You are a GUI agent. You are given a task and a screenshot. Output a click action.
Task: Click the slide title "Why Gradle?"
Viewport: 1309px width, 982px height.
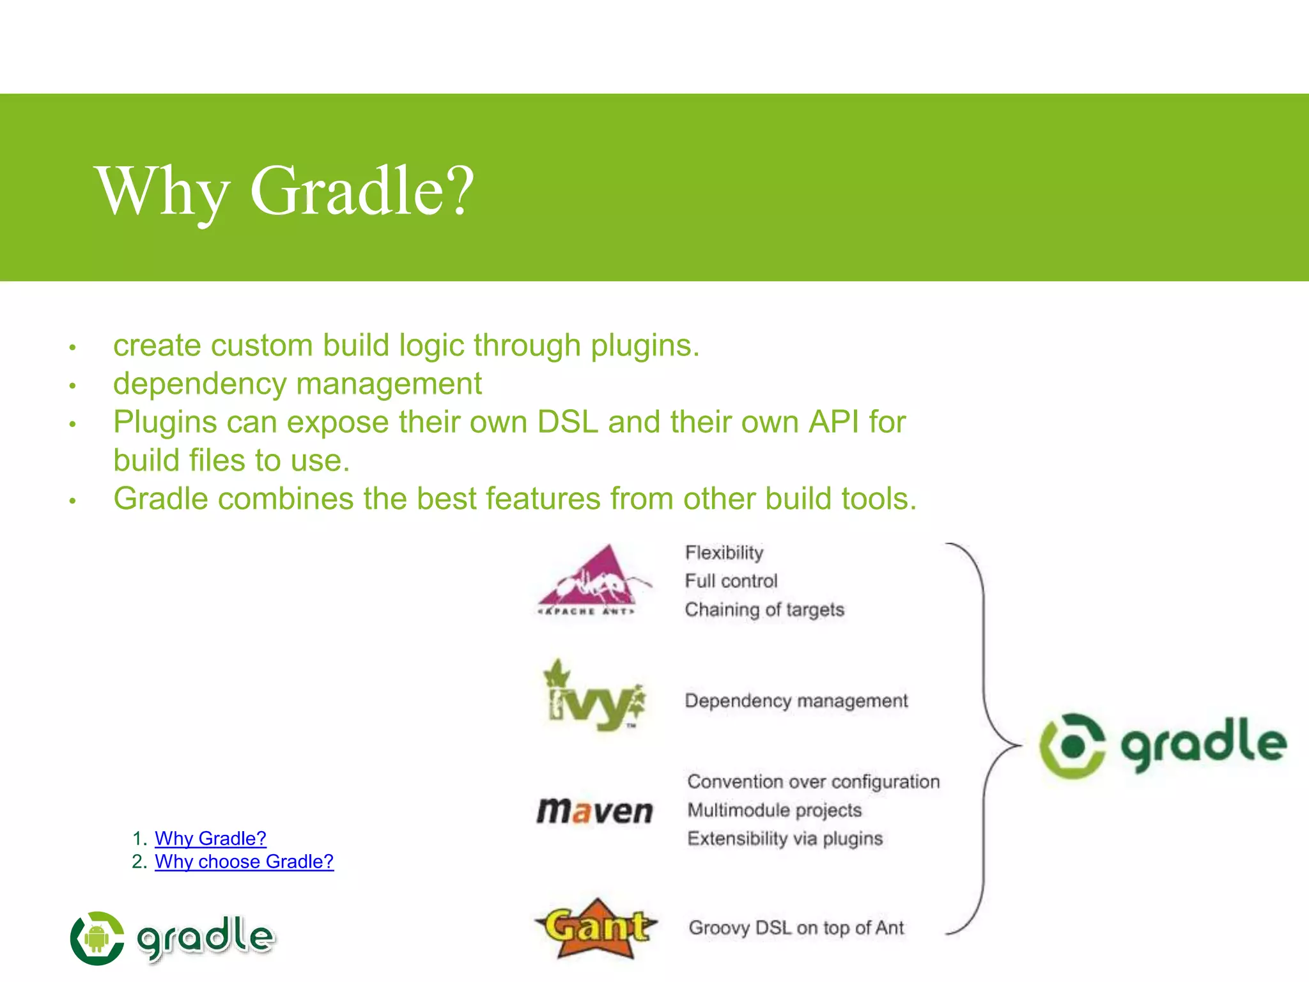click(x=285, y=191)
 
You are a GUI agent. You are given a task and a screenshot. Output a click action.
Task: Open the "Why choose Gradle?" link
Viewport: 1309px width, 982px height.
click(x=244, y=861)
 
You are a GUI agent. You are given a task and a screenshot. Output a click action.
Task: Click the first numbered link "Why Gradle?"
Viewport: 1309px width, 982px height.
click(x=210, y=838)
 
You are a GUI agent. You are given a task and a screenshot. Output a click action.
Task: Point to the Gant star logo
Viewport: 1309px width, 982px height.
click(x=596, y=928)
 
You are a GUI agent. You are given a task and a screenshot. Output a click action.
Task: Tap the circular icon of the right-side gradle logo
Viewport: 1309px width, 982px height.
click(x=1072, y=745)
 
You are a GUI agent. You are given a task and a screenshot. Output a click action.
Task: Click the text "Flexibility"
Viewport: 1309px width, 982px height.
click(x=724, y=552)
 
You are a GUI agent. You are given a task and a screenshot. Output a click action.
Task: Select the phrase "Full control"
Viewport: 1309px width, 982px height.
click(x=731, y=581)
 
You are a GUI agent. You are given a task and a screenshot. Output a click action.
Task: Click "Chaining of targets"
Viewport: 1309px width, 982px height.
click(x=764, y=609)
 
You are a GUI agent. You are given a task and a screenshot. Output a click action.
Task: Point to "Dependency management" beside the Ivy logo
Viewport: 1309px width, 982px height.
click(x=796, y=701)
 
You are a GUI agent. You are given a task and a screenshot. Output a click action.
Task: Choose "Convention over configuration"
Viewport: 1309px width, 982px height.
click(x=813, y=781)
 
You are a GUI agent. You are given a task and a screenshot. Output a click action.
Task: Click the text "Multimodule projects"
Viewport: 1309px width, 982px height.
click(x=775, y=810)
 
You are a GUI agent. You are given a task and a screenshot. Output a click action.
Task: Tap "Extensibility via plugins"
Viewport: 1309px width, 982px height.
click(x=785, y=838)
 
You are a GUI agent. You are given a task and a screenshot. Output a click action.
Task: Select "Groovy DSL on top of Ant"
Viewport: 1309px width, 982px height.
click(x=796, y=928)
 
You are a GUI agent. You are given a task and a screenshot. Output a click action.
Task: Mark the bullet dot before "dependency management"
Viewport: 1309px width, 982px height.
click(x=73, y=386)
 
